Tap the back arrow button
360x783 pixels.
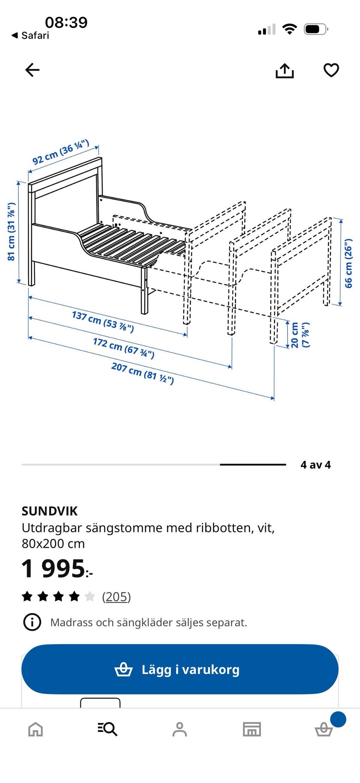coord(32,70)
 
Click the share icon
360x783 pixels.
coord(285,70)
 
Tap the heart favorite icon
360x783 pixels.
coord(331,70)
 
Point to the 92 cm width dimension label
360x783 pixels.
coord(60,152)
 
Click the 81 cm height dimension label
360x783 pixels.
coord(11,231)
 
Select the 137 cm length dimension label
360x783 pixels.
coord(103,322)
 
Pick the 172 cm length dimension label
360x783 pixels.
coord(123,348)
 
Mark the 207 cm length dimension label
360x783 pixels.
coord(142,373)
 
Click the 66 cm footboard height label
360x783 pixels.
coord(348,263)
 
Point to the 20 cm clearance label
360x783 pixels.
coord(300,335)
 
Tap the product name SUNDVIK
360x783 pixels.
coord(49,511)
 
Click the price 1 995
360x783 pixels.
coord(56,568)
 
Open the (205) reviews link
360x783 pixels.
coord(116,597)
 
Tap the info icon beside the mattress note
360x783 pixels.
coord(32,622)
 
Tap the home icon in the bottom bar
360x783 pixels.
coord(36,729)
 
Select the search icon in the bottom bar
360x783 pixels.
coord(108,729)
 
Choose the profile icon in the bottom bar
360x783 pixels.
coord(180,729)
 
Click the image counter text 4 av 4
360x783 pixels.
coord(315,465)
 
